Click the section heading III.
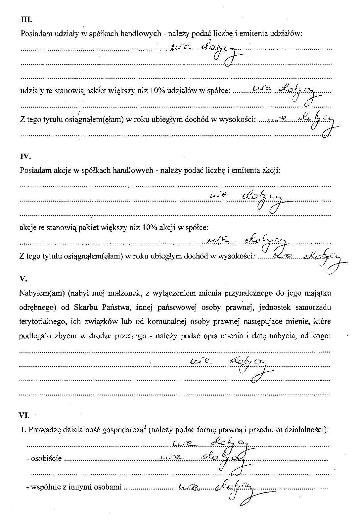pos(26,20)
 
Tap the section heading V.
pos(23,279)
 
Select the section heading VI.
pos(25,415)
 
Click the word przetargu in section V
pos(130,336)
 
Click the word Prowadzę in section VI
pos(42,430)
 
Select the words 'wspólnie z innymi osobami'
pos(76,488)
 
